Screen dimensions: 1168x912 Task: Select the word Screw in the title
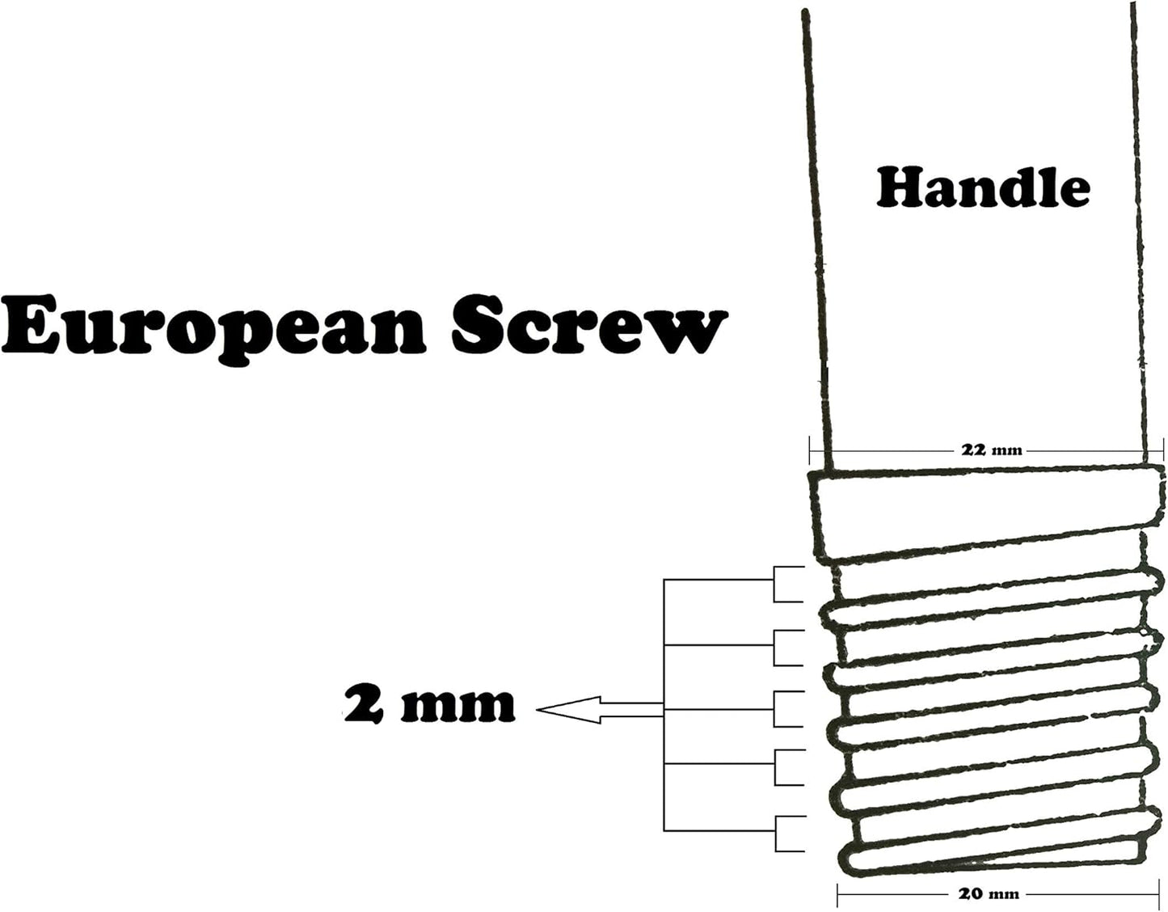pyautogui.click(x=589, y=324)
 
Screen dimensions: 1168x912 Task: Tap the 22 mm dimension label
pyautogui.click(x=991, y=450)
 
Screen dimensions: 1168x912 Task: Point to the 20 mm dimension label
pyautogui.click(x=989, y=893)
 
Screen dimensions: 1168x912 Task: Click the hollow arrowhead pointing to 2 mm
pyautogui.click(x=569, y=710)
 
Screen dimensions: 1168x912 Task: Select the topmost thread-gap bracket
pyautogui.click(x=789, y=585)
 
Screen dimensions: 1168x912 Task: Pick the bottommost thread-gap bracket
pyautogui.click(x=791, y=834)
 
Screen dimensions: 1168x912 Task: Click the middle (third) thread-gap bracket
pyautogui.click(x=789, y=709)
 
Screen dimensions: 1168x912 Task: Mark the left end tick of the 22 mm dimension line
pyautogui.click(x=809, y=450)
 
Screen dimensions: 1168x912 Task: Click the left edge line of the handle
pyautogui.click(x=818, y=239)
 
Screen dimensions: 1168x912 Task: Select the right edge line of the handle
pyautogui.click(x=1139, y=236)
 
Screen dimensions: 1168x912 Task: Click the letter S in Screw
pyautogui.click(x=479, y=324)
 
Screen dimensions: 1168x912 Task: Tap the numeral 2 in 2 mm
pyautogui.click(x=364, y=703)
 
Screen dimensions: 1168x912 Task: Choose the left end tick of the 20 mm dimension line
pyautogui.click(x=838, y=894)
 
